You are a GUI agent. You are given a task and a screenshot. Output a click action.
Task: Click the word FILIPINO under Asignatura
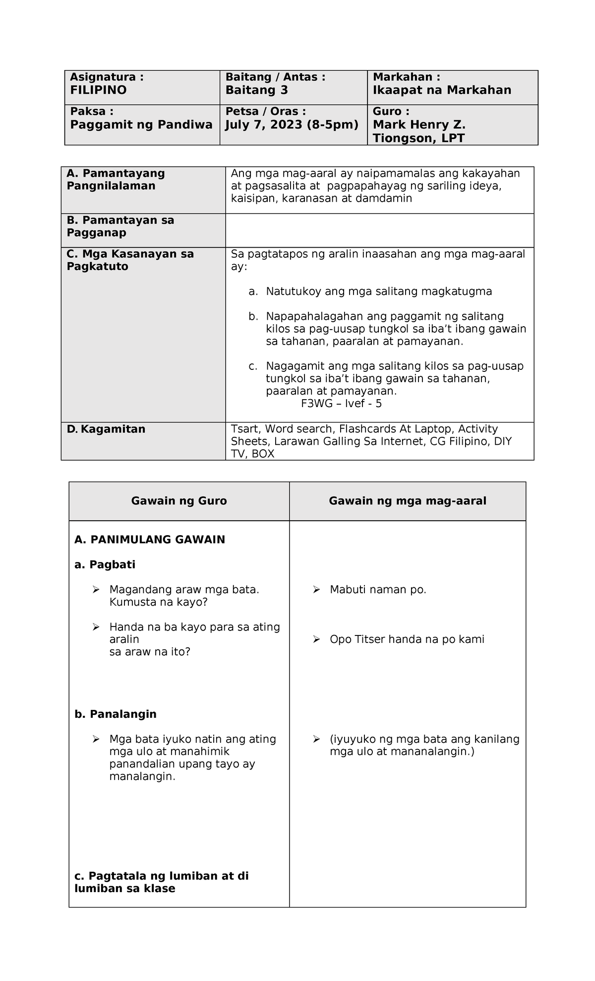[98, 90]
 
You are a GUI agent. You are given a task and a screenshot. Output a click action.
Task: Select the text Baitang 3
[256, 90]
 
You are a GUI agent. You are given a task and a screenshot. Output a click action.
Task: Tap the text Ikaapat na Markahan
[442, 90]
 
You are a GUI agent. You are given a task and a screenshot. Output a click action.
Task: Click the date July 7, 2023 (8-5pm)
[292, 125]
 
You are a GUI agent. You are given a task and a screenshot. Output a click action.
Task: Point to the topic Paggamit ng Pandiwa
[141, 125]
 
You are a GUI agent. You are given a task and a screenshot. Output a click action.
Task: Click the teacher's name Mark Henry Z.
[419, 125]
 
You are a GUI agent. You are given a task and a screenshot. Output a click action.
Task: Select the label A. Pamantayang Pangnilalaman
[116, 180]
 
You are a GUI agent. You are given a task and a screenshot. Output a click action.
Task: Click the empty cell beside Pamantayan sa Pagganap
[379, 230]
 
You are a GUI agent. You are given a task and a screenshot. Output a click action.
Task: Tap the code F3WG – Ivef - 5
[341, 404]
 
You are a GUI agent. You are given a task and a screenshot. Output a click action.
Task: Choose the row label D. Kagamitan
[106, 429]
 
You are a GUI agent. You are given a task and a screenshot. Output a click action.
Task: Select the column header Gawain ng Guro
[179, 501]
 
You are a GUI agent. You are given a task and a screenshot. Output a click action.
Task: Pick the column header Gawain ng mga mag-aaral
[407, 501]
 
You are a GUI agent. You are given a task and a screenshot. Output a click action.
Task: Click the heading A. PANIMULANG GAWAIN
[150, 540]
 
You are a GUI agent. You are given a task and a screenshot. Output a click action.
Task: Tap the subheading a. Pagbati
[105, 564]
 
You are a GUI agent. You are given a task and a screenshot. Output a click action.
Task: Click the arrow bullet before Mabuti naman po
[316, 589]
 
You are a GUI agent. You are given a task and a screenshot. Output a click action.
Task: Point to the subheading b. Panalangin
[116, 714]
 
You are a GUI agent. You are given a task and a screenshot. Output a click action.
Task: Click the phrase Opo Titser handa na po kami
[407, 639]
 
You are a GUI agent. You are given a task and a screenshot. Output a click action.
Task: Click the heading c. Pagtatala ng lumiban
[161, 876]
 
